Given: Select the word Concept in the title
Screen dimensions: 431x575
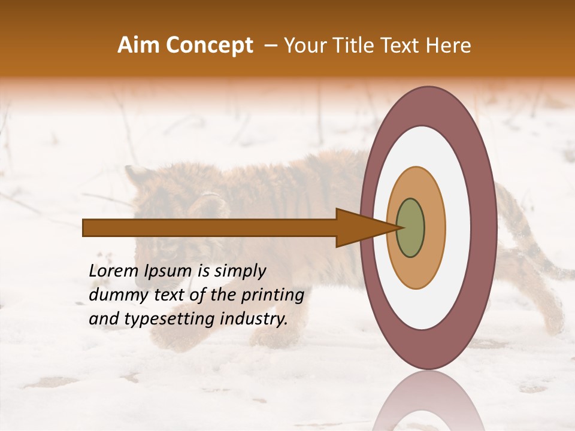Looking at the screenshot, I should pyautogui.click(x=209, y=45).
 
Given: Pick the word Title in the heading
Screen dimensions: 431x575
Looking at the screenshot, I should pyautogui.click(x=358, y=45).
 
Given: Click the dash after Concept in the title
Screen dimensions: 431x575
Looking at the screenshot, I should pyautogui.click(x=270, y=45).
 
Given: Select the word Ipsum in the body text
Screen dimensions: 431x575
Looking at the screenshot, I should pyautogui.click(x=169, y=271).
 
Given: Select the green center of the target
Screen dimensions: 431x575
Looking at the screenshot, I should pyautogui.click(x=410, y=228).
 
